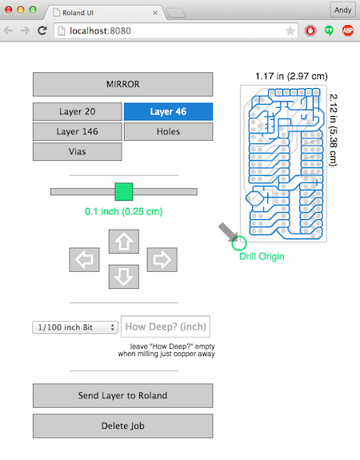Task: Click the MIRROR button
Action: pyautogui.click(x=122, y=84)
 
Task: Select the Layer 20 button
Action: pyautogui.click(x=77, y=111)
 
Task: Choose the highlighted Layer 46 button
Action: pyautogui.click(x=169, y=111)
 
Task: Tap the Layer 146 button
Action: pyautogui.click(x=77, y=131)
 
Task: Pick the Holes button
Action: pyautogui.click(x=169, y=131)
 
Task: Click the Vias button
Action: pyautogui.click(x=77, y=151)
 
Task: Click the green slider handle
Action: pyautogui.click(x=123, y=191)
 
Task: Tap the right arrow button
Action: pyautogui.click(x=162, y=260)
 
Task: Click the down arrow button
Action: pyautogui.click(x=124, y=277)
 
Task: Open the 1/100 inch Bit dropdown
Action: pyautogui.click(x=75, y=327)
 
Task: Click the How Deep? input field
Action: pyautogui.click(x=166, y=326)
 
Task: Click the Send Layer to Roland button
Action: pyautogui.click(x=122, y=395)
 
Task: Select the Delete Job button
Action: pyautogui.click(x=122, y=426)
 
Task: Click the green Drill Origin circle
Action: pyautogui.click(x=232, y=243)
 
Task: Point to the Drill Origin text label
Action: pyautogui.click(x=262, y=257)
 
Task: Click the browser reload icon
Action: pyautogui.click(x=42, y=30)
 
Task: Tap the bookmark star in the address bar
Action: pyautogui.click(x=290, y=31)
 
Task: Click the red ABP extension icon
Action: pyautogui.click(x=348, y=30)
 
